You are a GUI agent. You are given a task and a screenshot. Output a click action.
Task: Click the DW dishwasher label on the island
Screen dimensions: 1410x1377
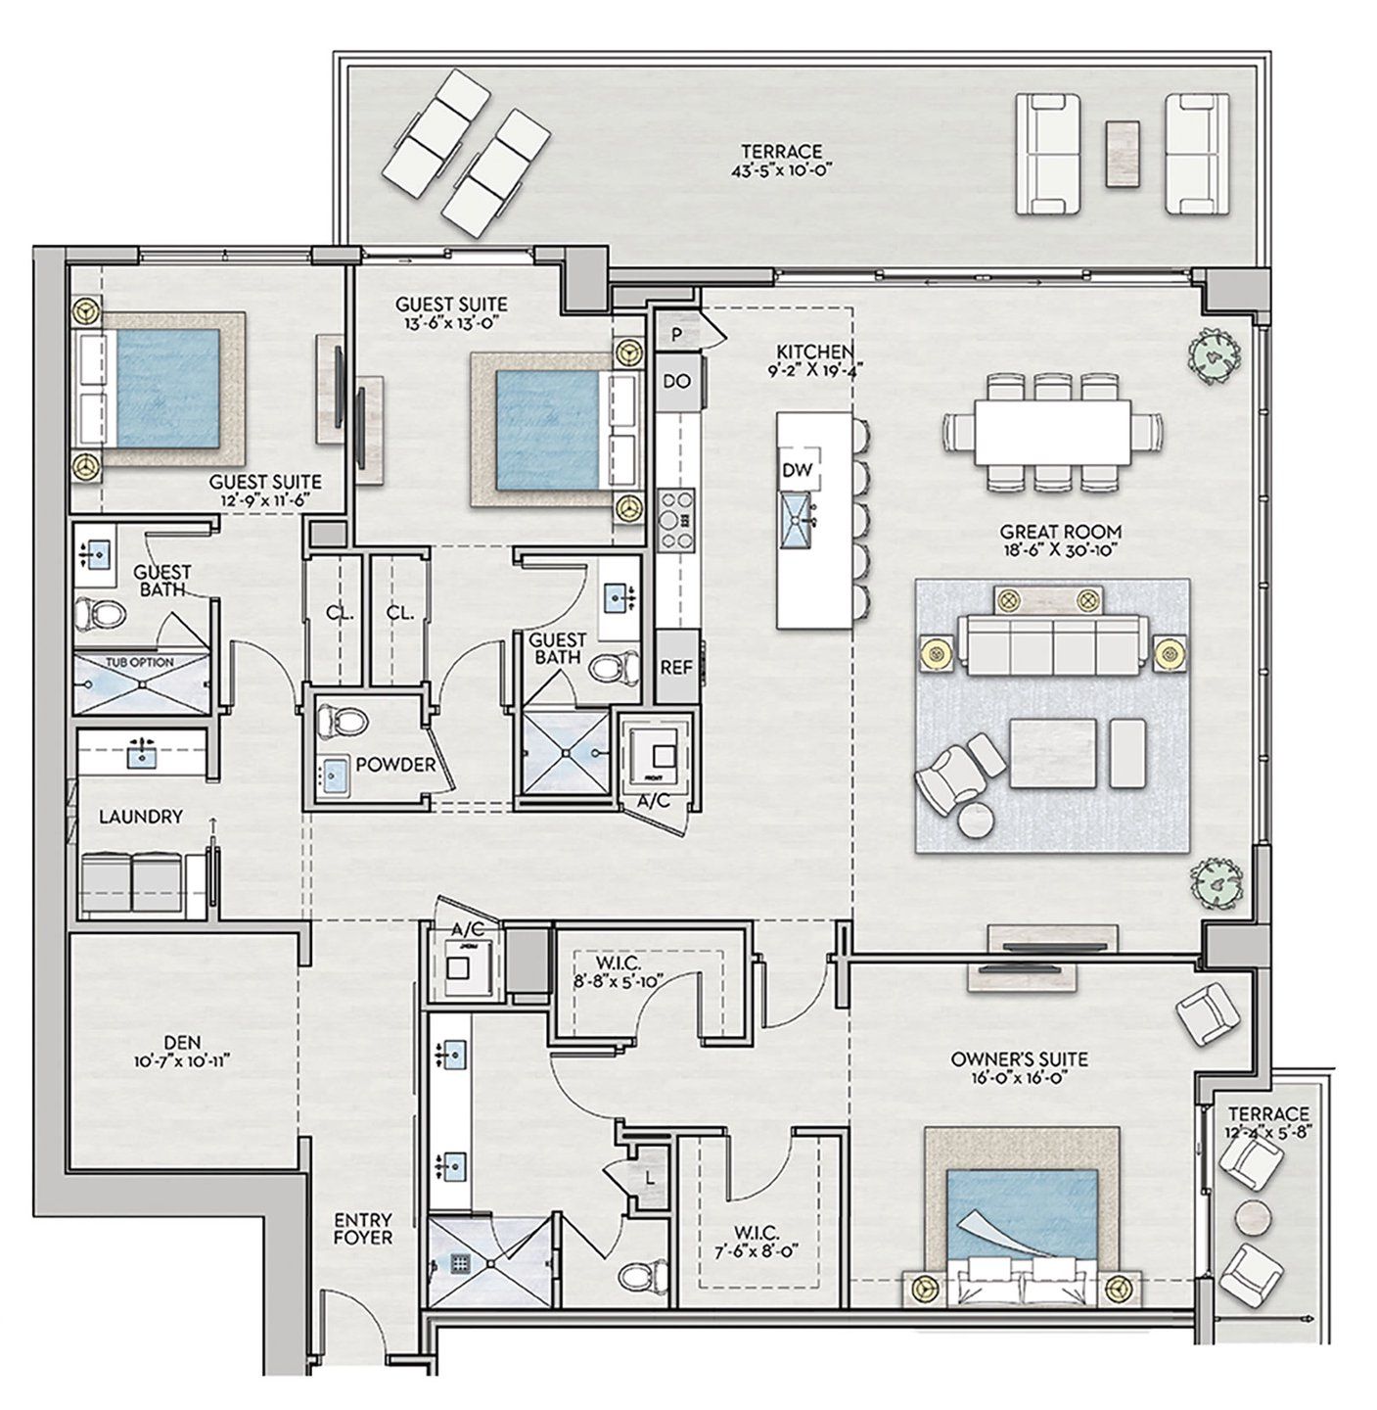(x=798, y=471)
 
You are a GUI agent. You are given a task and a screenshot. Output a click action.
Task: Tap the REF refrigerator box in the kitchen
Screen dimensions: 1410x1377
(x=675, y=667)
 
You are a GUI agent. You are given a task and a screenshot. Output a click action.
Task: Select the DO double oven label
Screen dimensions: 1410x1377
(x=676, y=382)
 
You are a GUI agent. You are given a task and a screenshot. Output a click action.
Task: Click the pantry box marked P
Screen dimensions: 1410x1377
(x=676, y=334)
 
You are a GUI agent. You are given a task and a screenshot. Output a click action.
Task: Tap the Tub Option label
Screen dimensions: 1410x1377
(x=140, y=662)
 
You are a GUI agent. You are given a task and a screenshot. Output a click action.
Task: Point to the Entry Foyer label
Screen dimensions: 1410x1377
(x=363, y=1229)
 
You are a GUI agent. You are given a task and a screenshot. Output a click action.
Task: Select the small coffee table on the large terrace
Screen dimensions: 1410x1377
(x=1123, y=153)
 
